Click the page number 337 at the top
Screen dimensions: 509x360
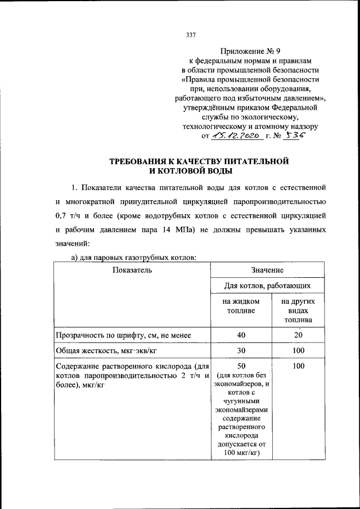(190, 35)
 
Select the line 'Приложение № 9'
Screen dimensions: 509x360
(250, 50)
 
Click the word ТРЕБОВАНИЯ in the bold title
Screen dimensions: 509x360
(148, 161)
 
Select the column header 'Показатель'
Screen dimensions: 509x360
(132, 271)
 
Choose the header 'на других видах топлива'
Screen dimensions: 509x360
(298, 311)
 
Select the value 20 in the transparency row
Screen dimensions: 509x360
(298, 335)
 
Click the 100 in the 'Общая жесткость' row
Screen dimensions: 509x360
(298, 350)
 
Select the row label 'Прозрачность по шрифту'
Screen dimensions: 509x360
(123, 335)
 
